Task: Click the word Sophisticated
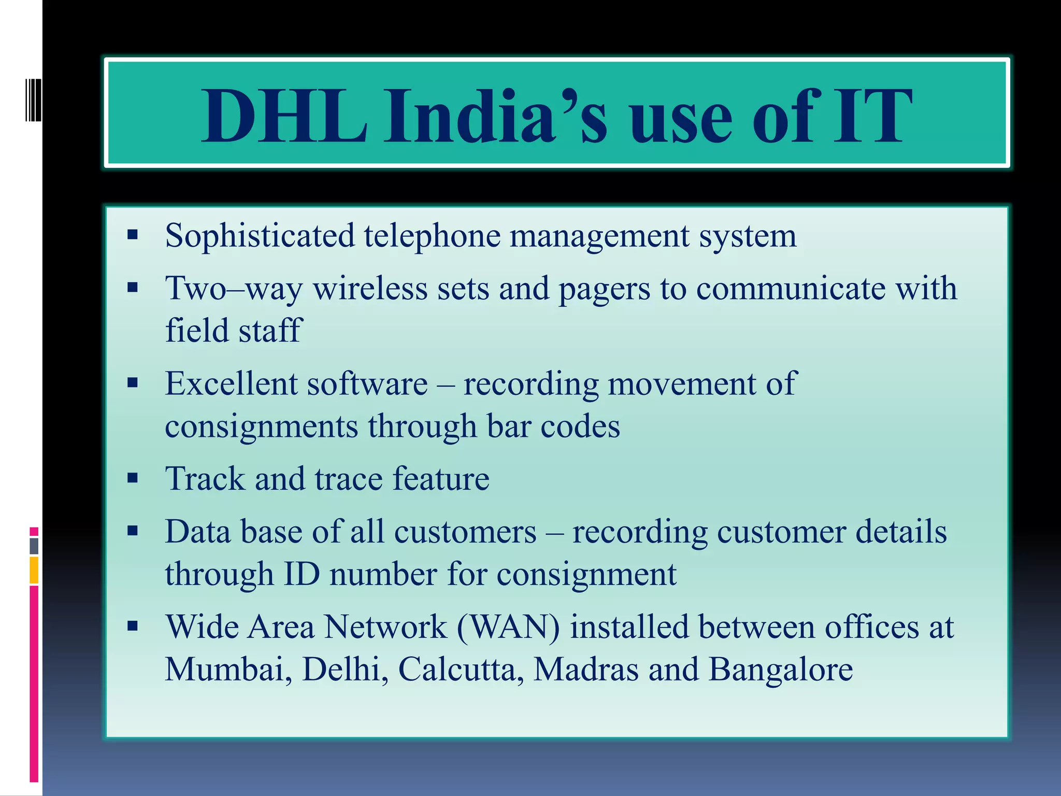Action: [x=260, y=236]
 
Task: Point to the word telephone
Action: [x=432, y=236]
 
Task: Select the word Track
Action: [x=204, y=478]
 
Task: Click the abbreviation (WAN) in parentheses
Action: [x=508, y=627]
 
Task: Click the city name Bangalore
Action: [x=780, y=669]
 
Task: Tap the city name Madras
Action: [x=586, y=669]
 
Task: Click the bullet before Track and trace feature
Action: [x=133, y=478]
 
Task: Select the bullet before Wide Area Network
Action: [x=133, y=626]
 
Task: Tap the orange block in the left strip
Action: [x=34, y=570]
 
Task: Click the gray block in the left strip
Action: [x=34, y=546]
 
